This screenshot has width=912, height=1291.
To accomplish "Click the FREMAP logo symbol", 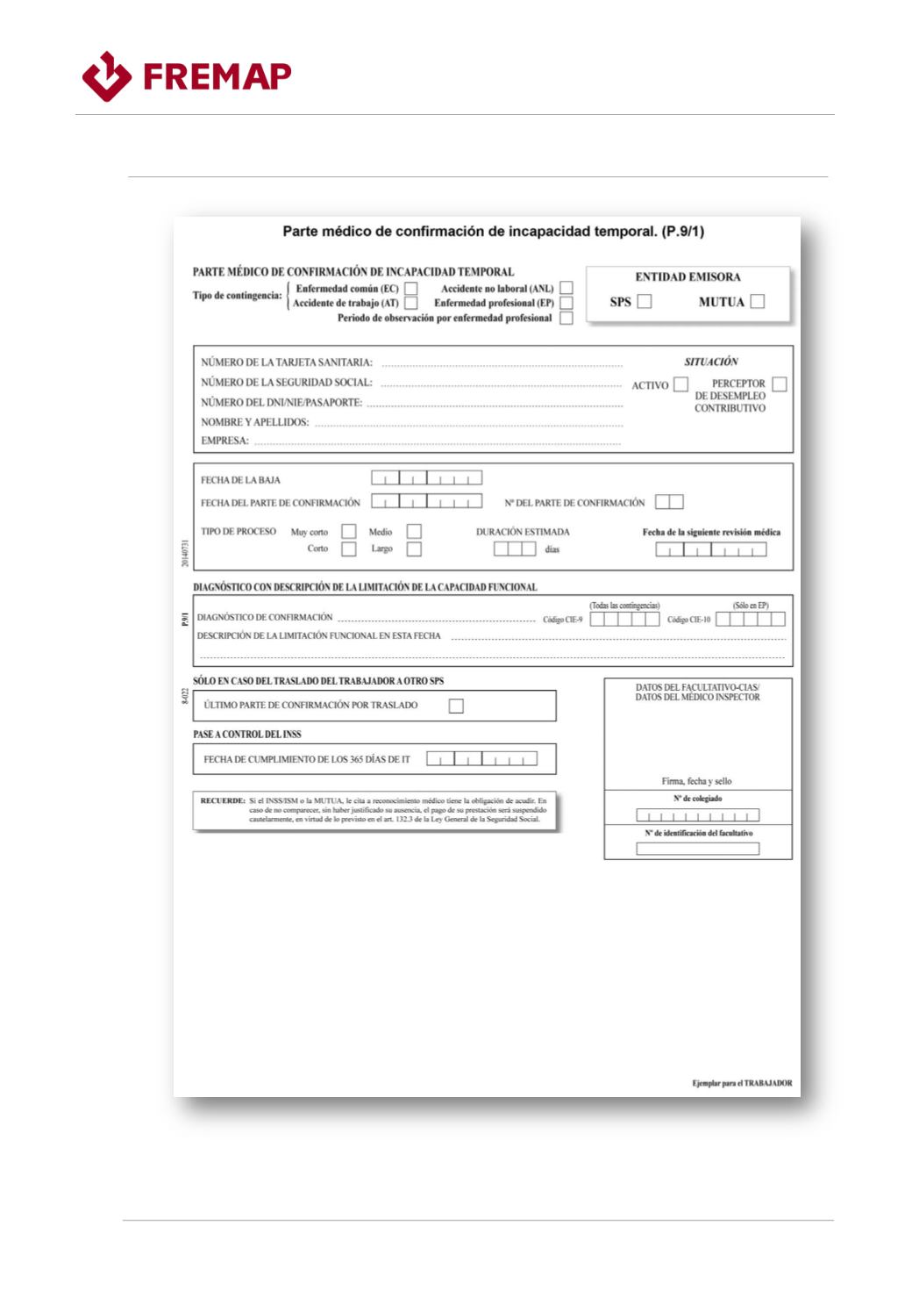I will (x=107, y=76).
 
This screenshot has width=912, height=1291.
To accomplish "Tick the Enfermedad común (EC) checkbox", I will (x=410, y=289).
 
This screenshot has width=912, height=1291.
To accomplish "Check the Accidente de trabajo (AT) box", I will (x=410, y=304).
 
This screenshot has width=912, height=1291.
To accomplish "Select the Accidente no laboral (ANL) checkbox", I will (x=566, y=288).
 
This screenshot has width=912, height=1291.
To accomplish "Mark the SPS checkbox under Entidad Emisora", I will (x=645, y=302).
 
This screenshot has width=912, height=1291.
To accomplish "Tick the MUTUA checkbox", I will (x=758, y=302).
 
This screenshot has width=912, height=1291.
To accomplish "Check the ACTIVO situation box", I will (x=680, y=384).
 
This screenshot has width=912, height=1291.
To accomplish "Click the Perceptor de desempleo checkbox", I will (x=780, y=384).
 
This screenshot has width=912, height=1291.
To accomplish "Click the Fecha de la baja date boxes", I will (x=426, y=478).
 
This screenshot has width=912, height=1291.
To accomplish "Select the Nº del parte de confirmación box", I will (x=669, y=502).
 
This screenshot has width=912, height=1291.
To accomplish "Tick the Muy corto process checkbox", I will (x=349, y=531).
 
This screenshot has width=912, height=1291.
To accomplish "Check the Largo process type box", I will (x=414, y=549).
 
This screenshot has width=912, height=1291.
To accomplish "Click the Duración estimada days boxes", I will (x=515, y=549).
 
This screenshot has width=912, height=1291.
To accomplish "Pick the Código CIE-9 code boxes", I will (x=624, y=620).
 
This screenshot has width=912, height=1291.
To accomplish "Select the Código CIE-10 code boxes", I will (x=751, y=620).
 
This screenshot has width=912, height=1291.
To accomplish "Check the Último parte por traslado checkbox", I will (x=456, y=706).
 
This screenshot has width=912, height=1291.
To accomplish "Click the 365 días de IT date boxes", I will (x=481, y=759).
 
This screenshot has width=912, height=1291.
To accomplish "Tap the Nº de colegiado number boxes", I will (x=698, y=815).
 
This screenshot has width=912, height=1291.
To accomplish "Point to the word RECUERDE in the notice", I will (x=223, y=801).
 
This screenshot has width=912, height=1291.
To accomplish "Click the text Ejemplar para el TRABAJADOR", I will (x=742, y=1083).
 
